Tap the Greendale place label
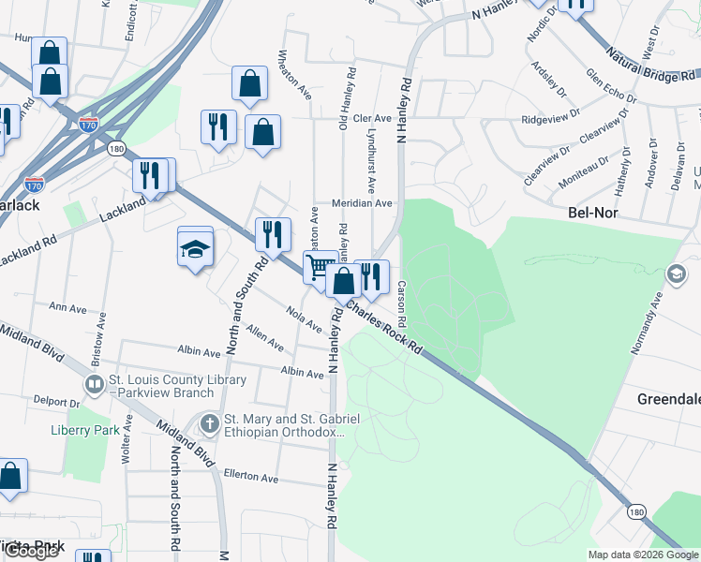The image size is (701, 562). [x=669, y=399]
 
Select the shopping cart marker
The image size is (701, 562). [x=319, y=266]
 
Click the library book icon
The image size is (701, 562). [x=94, y=385]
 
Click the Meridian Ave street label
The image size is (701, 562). [x=361, y=203]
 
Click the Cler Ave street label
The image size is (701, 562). [x=371, y=118]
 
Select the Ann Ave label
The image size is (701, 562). [x=67, y=307]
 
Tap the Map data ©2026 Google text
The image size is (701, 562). [x=643, y=555]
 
